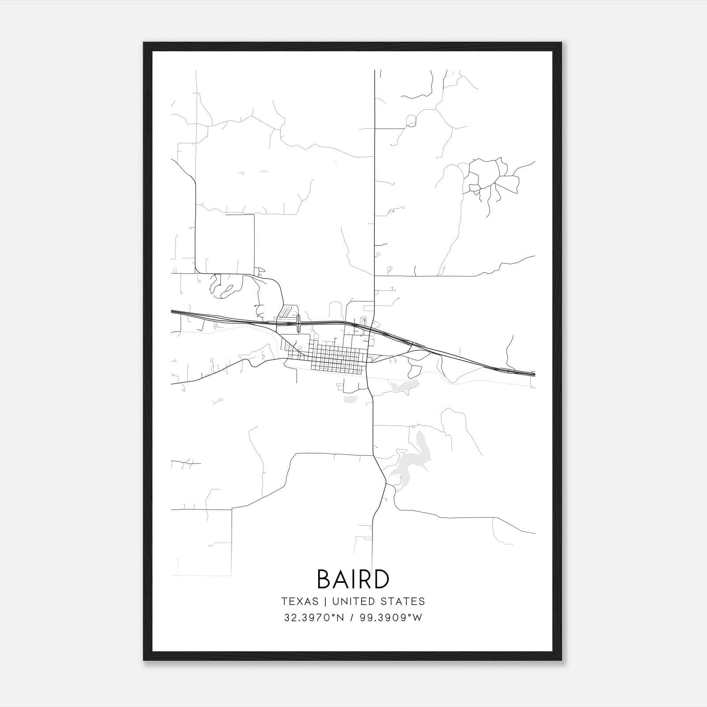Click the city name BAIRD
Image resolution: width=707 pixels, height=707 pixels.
[x=353, y=579]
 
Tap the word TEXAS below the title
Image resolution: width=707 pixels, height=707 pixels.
[x=300, y=601]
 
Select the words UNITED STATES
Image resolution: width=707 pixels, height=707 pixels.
[x=379, y=601]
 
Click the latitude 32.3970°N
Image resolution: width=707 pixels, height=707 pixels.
[x=314, y=617]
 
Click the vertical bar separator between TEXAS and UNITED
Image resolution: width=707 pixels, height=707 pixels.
[x=325, y=601]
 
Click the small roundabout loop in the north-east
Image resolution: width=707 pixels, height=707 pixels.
[x=411, y=120]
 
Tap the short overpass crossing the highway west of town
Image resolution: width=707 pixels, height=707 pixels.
[x=299, y=324]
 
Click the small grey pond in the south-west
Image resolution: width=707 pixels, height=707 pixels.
[x=217, y=401]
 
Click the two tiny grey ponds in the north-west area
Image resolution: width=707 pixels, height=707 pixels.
[x=252, y=172]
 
